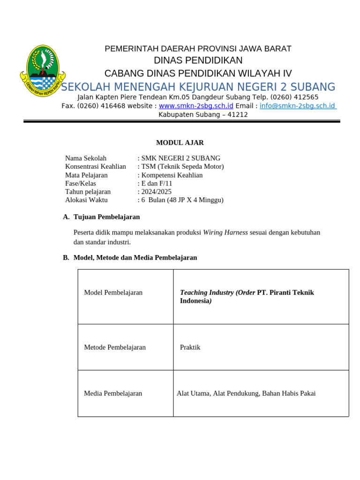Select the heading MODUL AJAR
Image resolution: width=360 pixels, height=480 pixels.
pyautogui.click(x=180, y=143)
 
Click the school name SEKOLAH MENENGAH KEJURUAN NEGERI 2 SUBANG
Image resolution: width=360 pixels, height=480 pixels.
pyautogui.click(x=198, y=87)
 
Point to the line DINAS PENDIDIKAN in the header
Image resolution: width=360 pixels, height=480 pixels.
pyautogui.click(x=198, y=60)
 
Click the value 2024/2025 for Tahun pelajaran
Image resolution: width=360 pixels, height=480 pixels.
pyautogui.click(x=156, y=192)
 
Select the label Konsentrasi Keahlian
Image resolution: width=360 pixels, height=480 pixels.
pyautogui.click(x=96, y=166)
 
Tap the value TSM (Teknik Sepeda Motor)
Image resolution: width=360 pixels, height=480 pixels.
pyautogui.click(x=182, y=166)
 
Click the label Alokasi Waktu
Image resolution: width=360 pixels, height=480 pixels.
pyautogui.click(x=86, y=200)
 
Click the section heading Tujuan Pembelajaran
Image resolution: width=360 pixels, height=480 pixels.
pyautogui.click(x=106, y=217)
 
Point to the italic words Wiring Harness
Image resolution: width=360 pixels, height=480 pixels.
pyautogui.click(x=225, y=232)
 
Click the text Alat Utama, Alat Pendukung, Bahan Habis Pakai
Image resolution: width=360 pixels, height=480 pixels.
pyautogui.click(x=246, y=394)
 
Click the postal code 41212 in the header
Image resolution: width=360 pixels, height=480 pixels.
pyautogui.click(x=238, y=114)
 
